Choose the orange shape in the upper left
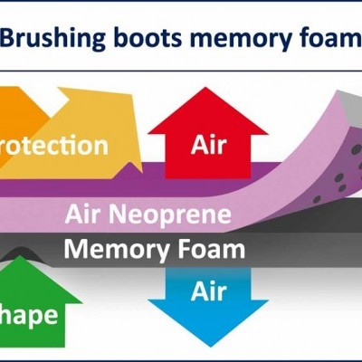[x=18, y=113]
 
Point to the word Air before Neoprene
[x=85, y=215]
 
